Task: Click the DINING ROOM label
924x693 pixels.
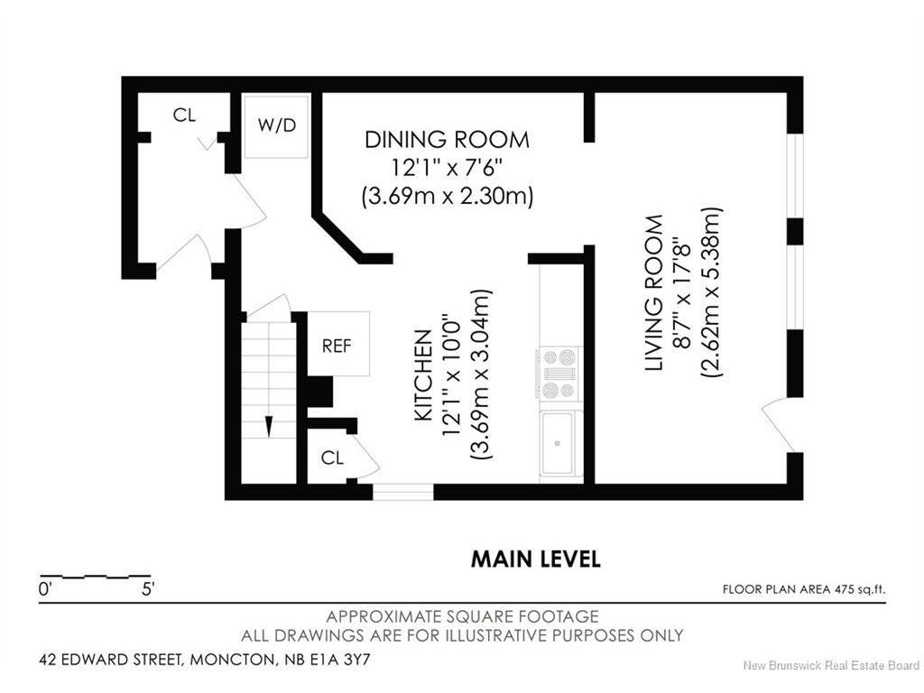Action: tap(447, 140)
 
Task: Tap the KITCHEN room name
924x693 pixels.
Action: tap(424, 375)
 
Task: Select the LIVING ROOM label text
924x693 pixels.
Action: tap(654, 293)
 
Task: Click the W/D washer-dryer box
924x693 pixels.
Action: tap(276, 126)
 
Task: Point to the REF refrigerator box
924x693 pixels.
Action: tap(338, 344)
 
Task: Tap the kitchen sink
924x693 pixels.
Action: tap(557, 442)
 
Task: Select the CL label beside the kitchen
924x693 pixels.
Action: tap(332, 457)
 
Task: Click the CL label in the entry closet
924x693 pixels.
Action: tap(184, 115)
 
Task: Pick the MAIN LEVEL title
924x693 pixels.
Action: tap(536, 559)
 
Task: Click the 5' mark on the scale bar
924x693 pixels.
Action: tap(147, 588)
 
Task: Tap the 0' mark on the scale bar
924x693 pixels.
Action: tap(45, 588)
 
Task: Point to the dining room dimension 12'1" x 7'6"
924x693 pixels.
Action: tap(448, 168)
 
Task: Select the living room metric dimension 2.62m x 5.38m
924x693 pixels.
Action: tap(711, 292)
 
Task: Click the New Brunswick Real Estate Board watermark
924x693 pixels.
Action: tap(830, 665)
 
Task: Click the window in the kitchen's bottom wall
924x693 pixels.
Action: tap(403, 492)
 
